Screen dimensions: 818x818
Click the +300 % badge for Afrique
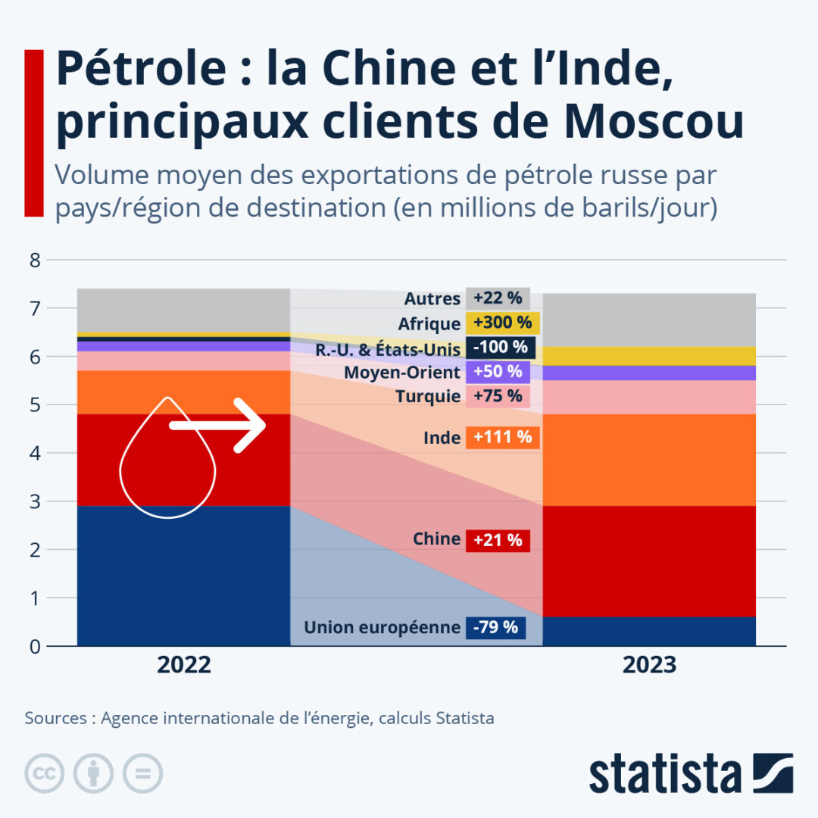coord(502,323)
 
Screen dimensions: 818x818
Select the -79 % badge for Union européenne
coord(495,628)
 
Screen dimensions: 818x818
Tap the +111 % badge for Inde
coord(502,437)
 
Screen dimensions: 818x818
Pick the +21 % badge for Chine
coord(498,540)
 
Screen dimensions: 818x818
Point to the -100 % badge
coord(501,348)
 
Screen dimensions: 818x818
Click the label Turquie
coord(428,396)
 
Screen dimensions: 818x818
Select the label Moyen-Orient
coord(402,373)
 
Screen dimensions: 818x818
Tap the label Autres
coord(432,299)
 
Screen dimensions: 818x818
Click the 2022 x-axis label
coord(184,665)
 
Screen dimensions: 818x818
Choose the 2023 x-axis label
coord(649,665)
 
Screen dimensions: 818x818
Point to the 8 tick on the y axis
coord(33,261)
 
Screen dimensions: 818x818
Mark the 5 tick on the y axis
coord(33,405)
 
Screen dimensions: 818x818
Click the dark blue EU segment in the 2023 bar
coord(649,631)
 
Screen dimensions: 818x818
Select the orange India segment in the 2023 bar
coord(649,460)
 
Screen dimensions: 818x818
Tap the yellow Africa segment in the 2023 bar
coord(649,356)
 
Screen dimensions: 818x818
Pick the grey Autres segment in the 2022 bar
coord(184,310)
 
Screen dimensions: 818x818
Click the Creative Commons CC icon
coord(44,773)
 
